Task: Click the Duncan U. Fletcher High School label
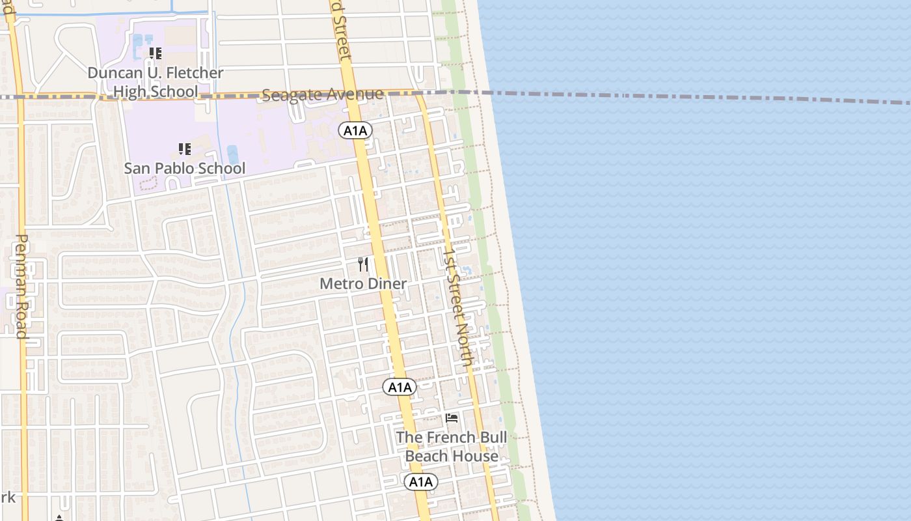point(155,82)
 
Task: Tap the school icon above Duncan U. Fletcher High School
point(155,53)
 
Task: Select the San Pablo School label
point(185,168)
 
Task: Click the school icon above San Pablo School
point(185,149)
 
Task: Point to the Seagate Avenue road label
point(322,95)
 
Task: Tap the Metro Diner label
point(363,284)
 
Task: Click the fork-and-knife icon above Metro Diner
point(363,264)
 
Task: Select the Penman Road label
point(21,287)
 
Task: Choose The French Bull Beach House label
point(452,446)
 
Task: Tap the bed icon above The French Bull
point(452,417)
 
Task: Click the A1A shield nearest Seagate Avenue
point(355,131)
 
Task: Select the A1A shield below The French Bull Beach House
point(421,482)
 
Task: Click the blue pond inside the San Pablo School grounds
point(232,155)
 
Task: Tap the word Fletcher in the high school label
point(191,73)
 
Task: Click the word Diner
point(387,284)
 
